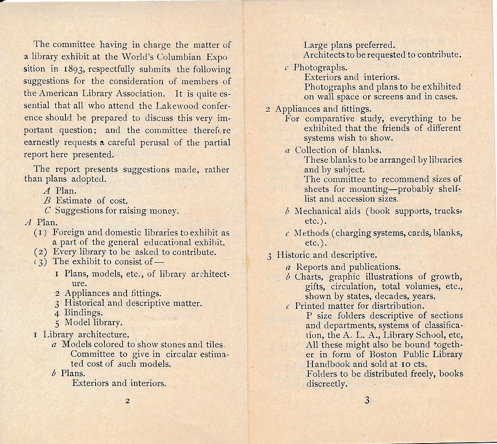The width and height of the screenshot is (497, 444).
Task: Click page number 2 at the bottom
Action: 127,401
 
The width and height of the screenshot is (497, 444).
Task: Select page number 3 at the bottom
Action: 367,401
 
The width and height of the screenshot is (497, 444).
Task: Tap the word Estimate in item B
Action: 73,201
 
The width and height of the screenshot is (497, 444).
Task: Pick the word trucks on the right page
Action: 447,211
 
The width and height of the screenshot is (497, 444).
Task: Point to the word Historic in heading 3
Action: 293,255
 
